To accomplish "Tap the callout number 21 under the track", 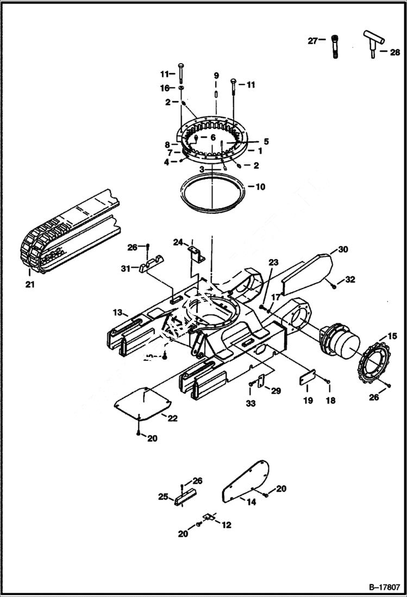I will coord(29,284).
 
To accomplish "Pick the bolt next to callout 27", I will coord(335,46).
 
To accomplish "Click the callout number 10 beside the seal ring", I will coord(260,187).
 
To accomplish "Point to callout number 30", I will coord(342,249).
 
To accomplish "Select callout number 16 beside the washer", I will coord(165,88).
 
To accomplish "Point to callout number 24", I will coord(178,242).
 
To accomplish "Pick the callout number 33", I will coord(250,403).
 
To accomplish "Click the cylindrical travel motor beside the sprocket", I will coord(340,342).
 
